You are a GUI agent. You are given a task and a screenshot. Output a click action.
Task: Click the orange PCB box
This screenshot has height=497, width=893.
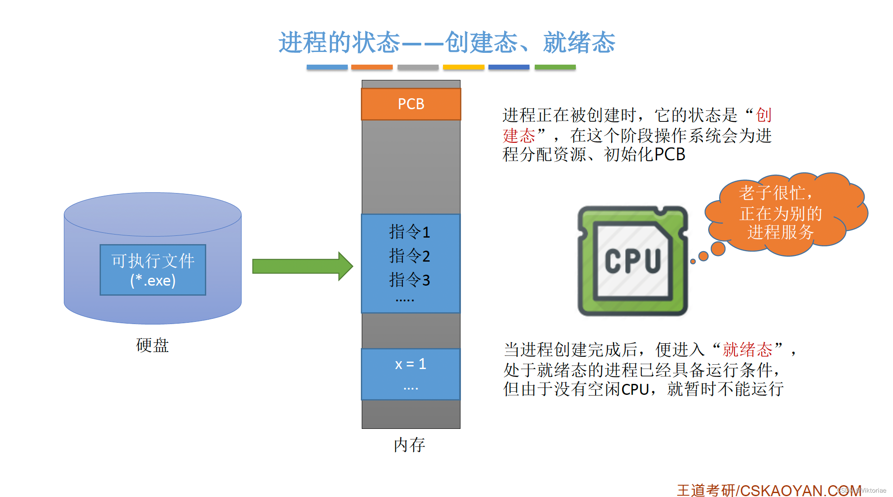pos(411,104)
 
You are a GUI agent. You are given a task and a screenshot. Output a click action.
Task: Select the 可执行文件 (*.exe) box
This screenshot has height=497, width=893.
pos(152,270)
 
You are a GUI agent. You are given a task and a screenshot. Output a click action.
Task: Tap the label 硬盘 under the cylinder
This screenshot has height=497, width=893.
pos(152,345)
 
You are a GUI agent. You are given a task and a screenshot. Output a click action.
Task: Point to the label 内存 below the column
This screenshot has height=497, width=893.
pos(409,445)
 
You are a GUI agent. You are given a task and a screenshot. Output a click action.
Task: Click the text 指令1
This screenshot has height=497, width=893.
pos(409,232)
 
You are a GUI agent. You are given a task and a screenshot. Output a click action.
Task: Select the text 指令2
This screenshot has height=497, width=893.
pos(409,256)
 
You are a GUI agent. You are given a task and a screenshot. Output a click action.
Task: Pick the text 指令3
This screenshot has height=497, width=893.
pos(409,280)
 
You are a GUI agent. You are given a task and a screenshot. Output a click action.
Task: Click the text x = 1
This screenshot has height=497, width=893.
pos(410,364)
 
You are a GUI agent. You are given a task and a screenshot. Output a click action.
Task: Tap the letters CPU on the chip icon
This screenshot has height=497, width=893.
pos(632,261)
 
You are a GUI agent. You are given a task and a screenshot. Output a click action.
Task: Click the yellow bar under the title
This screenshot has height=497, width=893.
pos(464,67)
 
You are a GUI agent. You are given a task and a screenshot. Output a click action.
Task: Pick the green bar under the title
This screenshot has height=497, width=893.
pos(555,67)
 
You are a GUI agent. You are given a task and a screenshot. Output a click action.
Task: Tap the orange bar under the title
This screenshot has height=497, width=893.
pos(372,67)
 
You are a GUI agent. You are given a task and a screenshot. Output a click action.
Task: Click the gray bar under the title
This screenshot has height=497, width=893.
pos(418,67)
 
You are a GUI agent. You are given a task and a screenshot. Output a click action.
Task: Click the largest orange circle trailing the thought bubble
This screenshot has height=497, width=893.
pos(718,248)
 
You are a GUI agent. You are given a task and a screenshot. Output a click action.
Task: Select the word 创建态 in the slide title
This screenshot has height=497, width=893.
pos(481,43)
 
